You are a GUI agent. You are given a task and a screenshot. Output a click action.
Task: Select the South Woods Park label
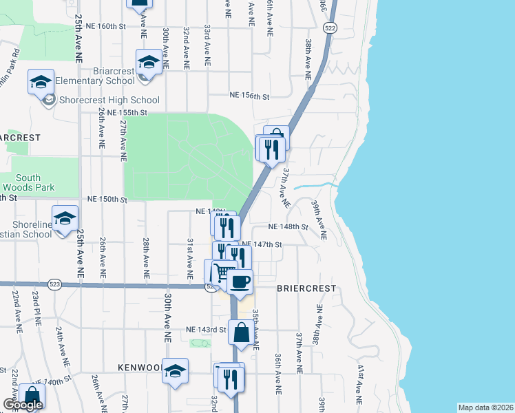point(28,182)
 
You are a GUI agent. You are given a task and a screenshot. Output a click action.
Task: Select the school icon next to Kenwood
point(176,370)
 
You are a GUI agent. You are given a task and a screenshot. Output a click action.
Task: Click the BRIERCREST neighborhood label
point(306,288)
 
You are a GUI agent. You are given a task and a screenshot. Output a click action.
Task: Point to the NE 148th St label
point(287,226)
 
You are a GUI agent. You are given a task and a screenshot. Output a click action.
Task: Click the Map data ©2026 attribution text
point(485,407)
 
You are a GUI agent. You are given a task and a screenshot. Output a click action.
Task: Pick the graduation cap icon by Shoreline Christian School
point(65,219)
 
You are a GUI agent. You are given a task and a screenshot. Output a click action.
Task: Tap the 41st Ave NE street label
point(359,383)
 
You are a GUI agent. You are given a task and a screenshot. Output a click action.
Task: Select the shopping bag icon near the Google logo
point(31,395)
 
